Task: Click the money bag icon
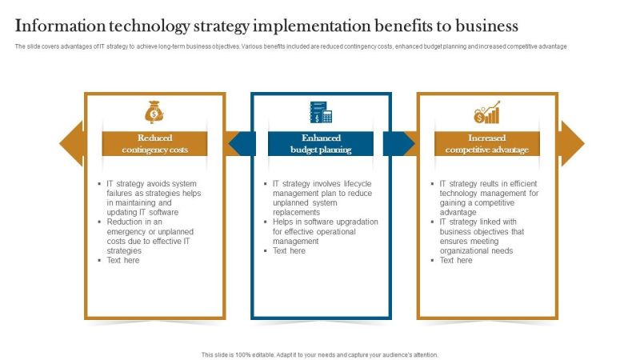click(x=154, y=112)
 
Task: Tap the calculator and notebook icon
click(x=321, y=112)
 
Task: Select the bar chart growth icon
click(x=487, y=112)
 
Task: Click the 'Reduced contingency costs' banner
click(x=154, y=144)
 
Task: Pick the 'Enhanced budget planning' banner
click(x=321, y=144)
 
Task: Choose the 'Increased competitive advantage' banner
click(x=487, y=144)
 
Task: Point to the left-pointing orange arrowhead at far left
click(x=71, y=143)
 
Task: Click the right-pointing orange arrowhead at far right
click(x=573, y=143)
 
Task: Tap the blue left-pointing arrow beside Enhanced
click(x=242, y=144)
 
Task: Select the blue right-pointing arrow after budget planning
click(x=398, y=144)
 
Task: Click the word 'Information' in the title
click(x=60, y=26)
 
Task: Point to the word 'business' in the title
click(x=486, y=26)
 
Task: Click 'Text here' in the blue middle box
click(x=289, y=250)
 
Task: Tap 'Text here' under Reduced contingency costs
click(x=123, y=261)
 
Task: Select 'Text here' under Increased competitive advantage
click(x=456, y=261)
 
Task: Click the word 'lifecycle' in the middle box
click(x=358, y=184)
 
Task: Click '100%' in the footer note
click(x=243, y=355)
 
